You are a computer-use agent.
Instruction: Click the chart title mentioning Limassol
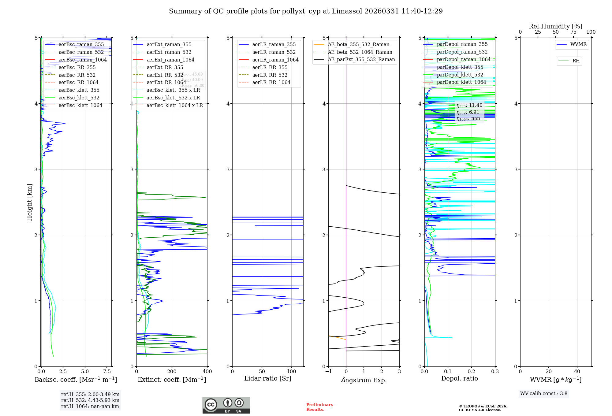pos(306,11)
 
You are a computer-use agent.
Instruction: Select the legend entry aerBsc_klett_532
pos(79,98)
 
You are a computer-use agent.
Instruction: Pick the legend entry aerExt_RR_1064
pos(166,83)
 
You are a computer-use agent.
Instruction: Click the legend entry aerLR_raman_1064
pos(275,60)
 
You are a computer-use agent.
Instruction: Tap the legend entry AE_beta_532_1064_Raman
pos(360,52)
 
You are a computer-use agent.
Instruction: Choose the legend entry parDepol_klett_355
pos(460,67)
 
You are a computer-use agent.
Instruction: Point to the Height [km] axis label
pos(29,202)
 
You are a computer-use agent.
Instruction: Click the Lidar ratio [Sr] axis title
pos(268,379)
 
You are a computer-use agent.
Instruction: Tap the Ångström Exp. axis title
pos(364,380)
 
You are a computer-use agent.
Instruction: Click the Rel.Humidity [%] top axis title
pos(555,27)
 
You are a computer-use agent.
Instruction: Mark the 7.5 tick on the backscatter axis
pos(107,372)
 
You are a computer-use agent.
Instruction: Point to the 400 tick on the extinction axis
pos(207,372)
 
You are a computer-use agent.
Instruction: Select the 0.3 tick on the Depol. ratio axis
pos(495,372)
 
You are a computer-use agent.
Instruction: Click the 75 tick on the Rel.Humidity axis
pos(573,32)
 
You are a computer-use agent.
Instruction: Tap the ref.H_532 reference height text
pos(90,400)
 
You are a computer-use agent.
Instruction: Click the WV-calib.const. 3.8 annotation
pos(544,394)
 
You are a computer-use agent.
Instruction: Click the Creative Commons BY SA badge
pos(226,405)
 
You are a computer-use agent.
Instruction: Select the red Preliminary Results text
pos(319,407)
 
